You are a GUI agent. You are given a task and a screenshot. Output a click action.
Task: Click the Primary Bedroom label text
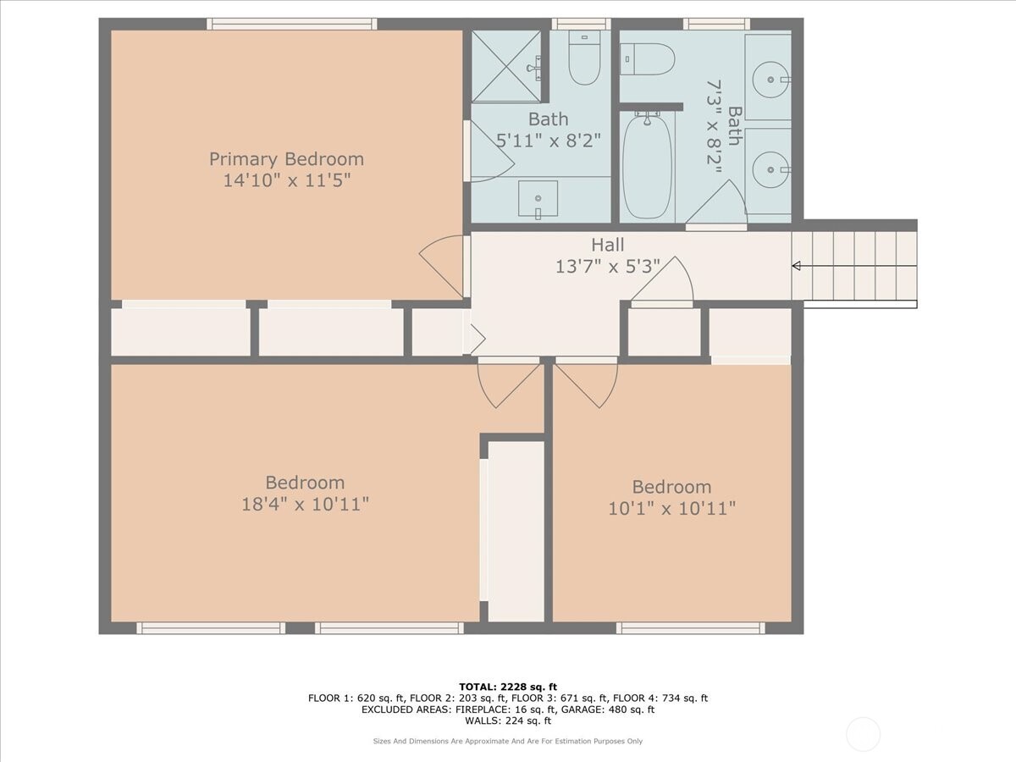[286, 159]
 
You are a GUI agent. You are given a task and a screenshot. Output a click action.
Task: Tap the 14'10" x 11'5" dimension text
[286, 180]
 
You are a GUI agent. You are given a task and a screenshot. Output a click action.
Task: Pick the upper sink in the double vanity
[770, 80]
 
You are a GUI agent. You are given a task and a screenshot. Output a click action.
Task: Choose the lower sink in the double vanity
[770, 169]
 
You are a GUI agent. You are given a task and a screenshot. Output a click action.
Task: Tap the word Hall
[607, 246]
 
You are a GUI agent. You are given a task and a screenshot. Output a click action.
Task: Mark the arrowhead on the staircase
[796, 266]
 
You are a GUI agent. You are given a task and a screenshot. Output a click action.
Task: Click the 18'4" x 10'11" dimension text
[305, 505]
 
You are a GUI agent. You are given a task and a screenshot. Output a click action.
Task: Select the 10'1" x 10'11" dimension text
[671, 509]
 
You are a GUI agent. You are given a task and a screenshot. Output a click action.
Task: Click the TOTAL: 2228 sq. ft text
[507, 686]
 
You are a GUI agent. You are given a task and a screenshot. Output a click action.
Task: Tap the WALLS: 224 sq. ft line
[507, 721]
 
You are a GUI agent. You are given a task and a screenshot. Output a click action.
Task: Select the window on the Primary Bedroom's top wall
[292, 24]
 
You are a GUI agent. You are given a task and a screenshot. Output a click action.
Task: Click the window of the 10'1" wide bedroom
[690, 628]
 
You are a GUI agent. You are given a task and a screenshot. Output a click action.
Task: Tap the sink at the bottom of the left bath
[538, 200]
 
